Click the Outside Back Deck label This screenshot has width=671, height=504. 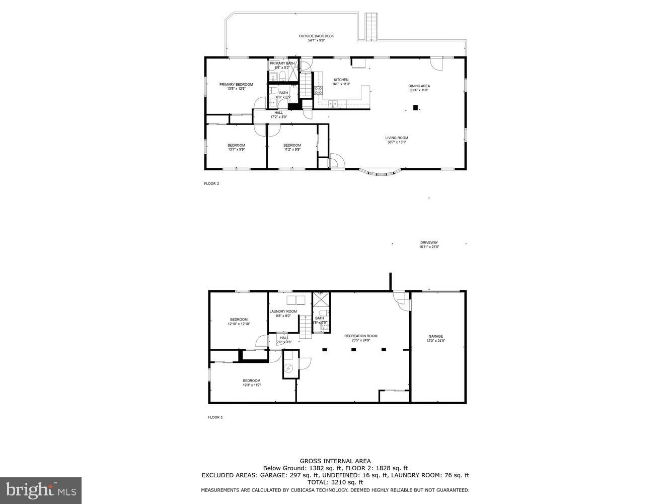point(316,38)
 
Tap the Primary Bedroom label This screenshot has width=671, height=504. point(236,86)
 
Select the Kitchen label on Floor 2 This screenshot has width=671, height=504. point(341,82)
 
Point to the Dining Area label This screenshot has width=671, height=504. point(419,88)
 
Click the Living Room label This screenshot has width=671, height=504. point(397,140)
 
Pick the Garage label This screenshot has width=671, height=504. point(436,338)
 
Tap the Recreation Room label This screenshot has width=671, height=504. point(360,338)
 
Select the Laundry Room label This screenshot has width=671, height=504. point(283,313)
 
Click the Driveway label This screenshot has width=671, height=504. point(429,244)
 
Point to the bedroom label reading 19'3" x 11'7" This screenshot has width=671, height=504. point(252,383)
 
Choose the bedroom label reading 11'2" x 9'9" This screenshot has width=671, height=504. point(292,147)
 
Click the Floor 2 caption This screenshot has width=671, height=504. point(211,183)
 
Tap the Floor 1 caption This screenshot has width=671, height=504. point(215,417)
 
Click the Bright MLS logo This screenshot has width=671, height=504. point(41,490)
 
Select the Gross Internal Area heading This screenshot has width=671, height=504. point(335,461)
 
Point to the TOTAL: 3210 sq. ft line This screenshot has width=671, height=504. point(335,482)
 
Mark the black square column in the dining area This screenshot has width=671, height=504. point(415,107)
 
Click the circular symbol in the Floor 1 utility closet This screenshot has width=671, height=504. point(288,369)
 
